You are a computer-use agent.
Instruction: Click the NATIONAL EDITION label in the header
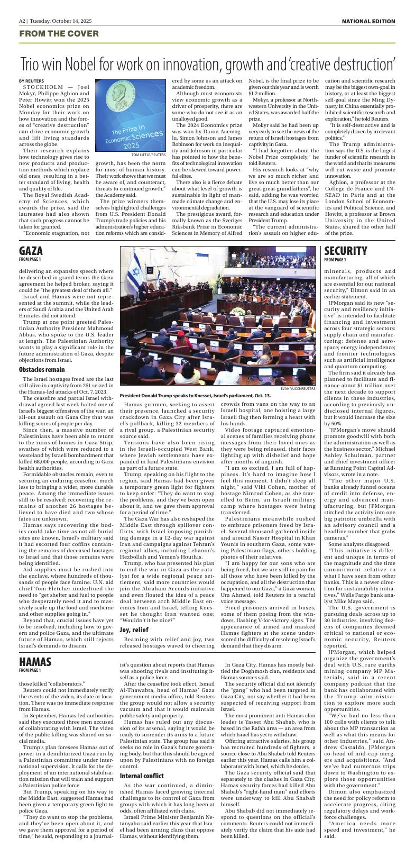368,21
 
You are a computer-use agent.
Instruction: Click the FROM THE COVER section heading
59,34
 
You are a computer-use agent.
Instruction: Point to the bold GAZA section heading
31,251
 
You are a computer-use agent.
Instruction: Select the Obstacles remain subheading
41,369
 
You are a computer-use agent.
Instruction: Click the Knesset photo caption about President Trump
195,395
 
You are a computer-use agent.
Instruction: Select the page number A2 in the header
23,21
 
